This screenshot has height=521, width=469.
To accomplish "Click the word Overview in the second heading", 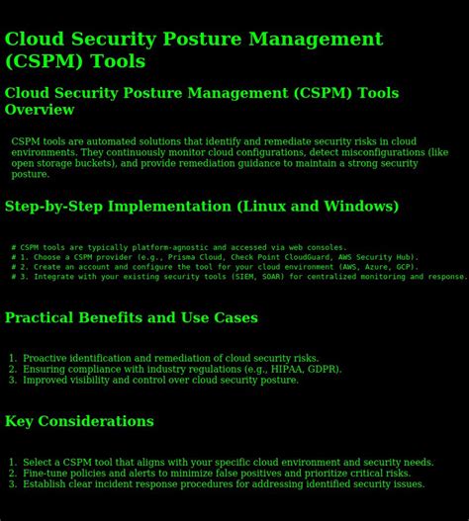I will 40,110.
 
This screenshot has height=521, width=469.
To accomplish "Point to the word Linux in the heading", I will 261,207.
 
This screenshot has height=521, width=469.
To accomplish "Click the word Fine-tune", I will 47,474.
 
